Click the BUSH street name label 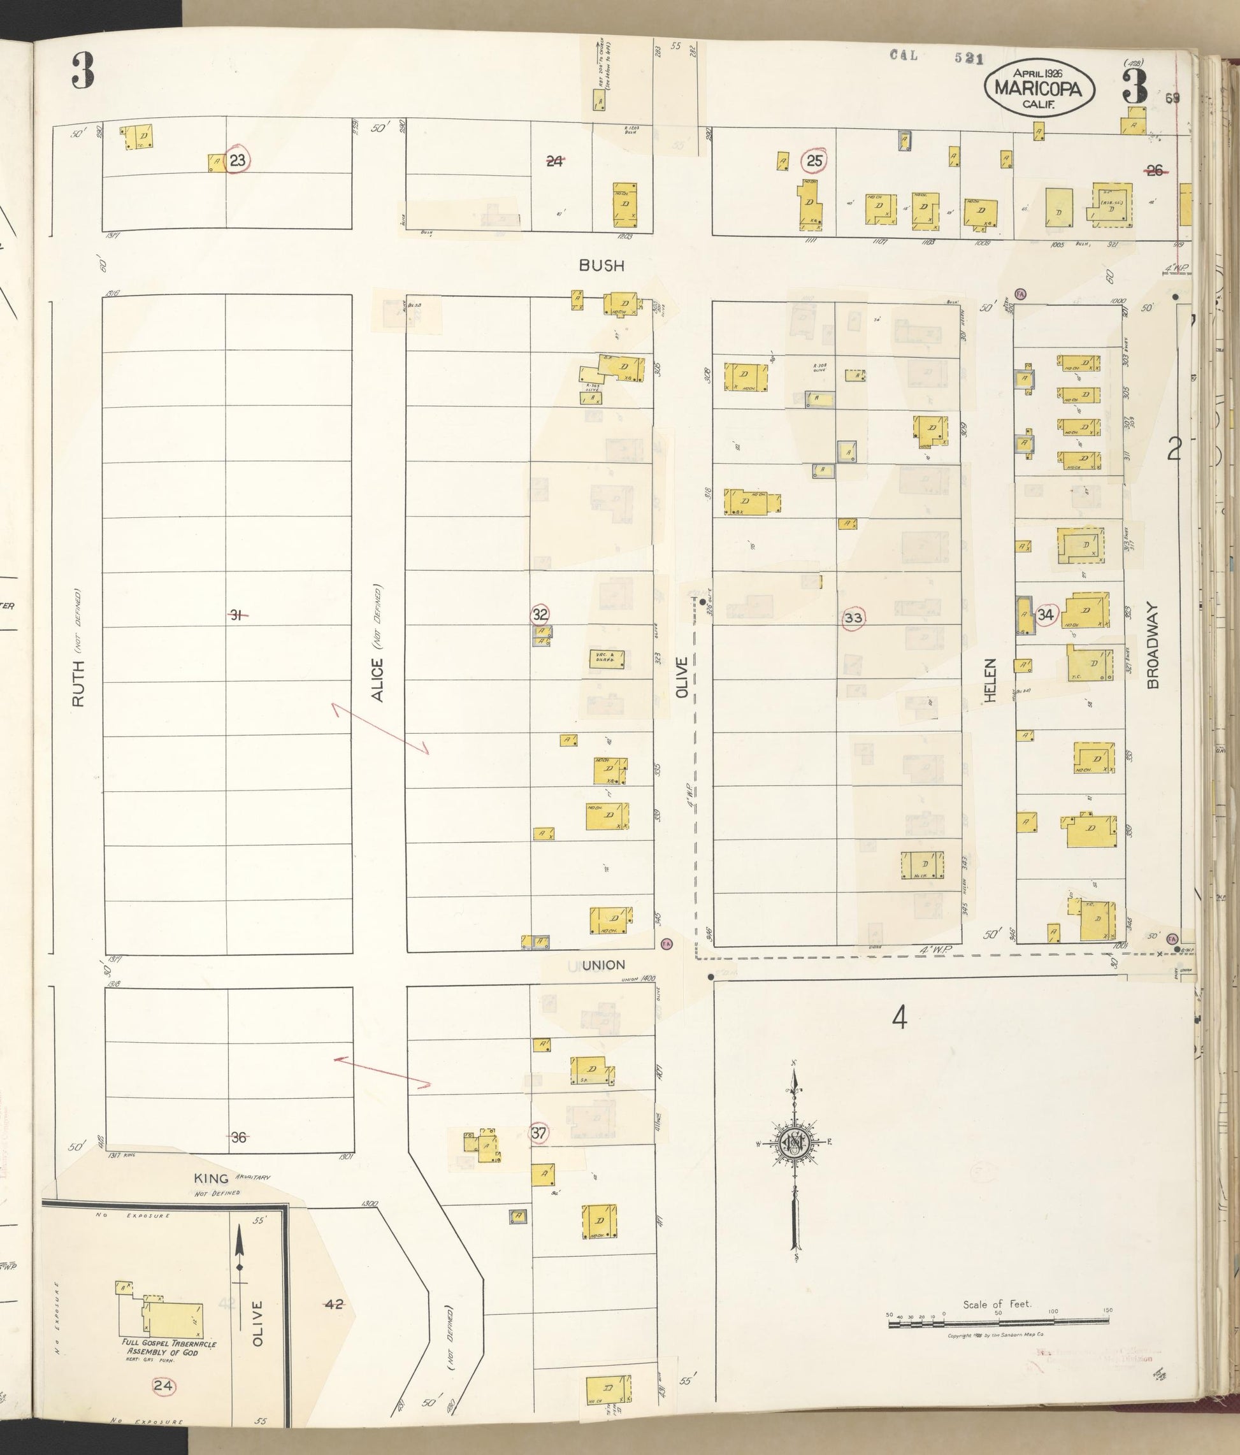602,266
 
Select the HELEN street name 991,680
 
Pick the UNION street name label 603,966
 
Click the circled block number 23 238,161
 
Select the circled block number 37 539,1133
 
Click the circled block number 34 1046,615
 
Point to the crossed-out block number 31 238,615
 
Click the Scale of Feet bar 1000,1324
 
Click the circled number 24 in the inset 164,1386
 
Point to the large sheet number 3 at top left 82,71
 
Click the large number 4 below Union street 899,1017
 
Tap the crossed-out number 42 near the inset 334,1304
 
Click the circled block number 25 814,161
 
